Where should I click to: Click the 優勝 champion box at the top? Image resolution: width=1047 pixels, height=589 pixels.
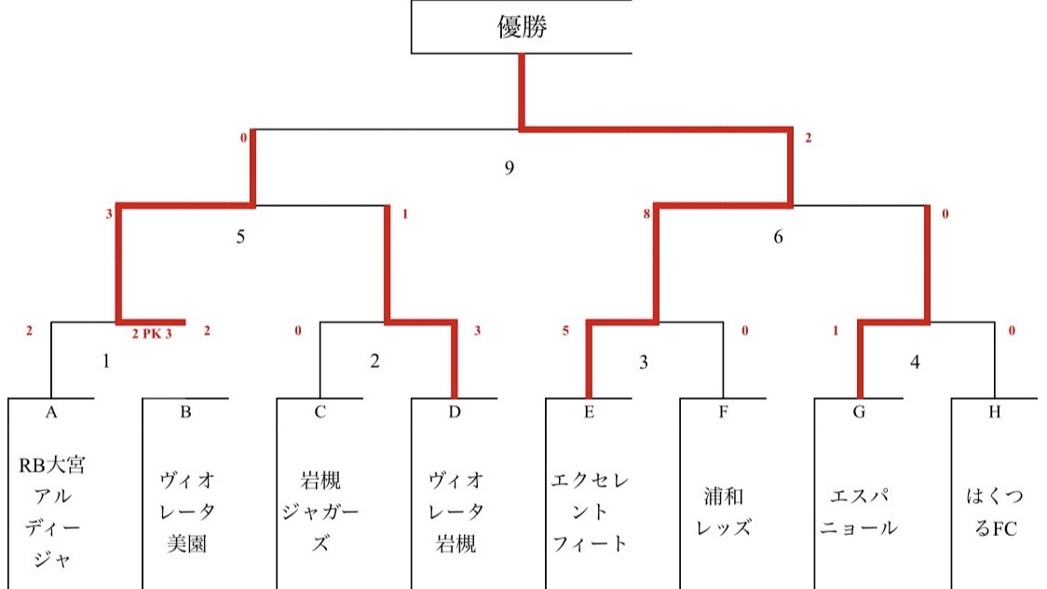point(522,27)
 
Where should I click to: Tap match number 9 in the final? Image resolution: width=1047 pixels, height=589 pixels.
point(509,168)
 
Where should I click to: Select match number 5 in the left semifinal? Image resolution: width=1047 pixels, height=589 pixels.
point(240,237)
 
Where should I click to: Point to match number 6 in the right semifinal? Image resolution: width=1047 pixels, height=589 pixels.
point(778,237)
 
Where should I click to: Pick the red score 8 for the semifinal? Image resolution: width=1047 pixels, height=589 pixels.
point(646,214)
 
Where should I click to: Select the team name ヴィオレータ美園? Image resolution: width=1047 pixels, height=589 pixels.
point(186,511)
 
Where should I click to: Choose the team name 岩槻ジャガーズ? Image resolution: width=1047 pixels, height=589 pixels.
point(320,512)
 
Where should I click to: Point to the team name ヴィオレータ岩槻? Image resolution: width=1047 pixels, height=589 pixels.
point(455,512)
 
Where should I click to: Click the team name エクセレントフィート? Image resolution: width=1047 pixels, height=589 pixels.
point(589,512)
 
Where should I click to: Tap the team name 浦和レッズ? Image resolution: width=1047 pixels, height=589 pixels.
point(723,512)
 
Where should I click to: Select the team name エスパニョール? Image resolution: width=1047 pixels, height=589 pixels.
point(857,512)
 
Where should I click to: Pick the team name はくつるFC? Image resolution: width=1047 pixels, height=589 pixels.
point(993,512)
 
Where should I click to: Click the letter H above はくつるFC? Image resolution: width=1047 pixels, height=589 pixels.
point(994,413)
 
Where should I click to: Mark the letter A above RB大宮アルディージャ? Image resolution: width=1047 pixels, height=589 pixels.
point(52,413)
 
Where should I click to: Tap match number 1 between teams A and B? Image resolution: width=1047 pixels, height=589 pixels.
point(106,361)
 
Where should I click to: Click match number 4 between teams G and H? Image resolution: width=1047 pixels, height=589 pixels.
point(915,361)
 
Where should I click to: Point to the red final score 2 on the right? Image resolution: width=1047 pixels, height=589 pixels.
point(809,139)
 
